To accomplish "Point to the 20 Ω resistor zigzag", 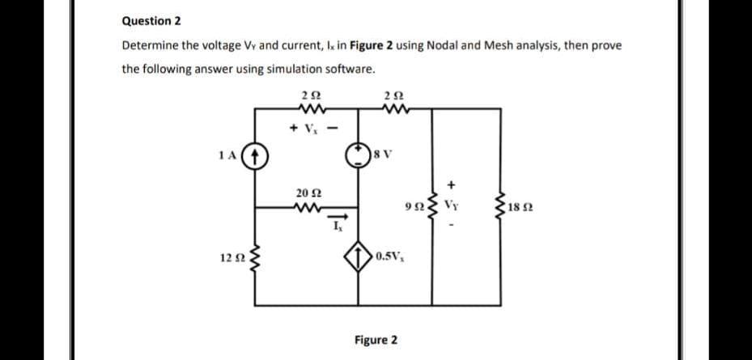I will (309, 205).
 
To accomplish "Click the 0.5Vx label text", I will (392, 259).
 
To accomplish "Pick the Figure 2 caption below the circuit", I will (376, 340).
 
